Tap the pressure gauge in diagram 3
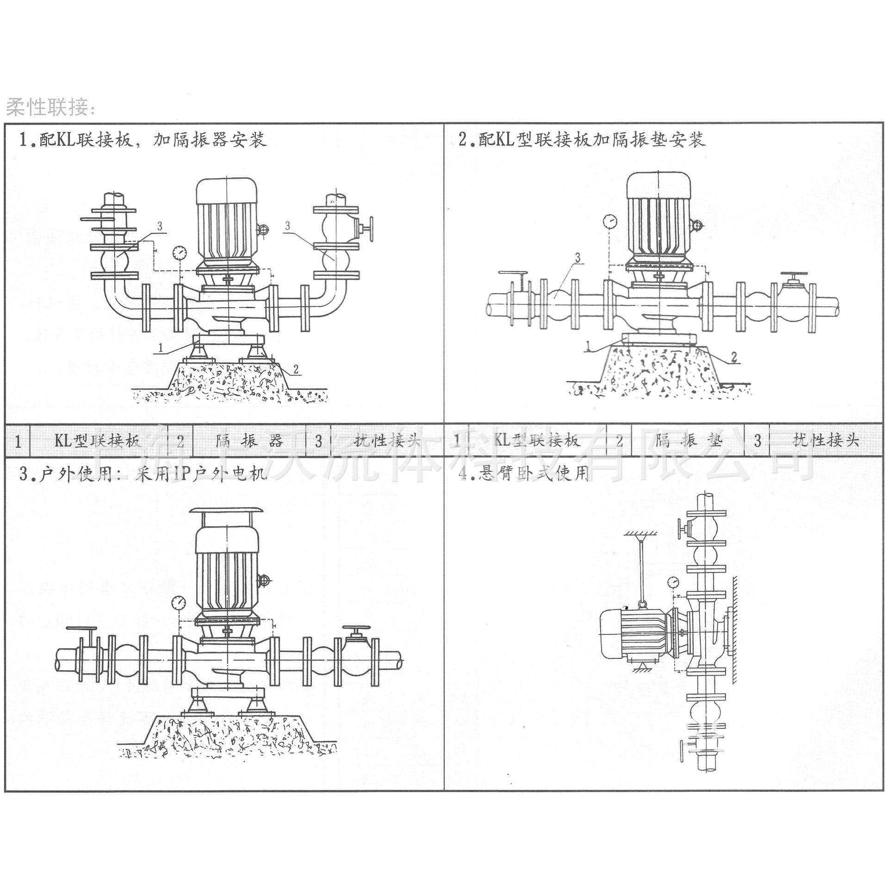pyautogui.click(x=178, y=602)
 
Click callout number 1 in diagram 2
pyautogui.click(x=589, y=346)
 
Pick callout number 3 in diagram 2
pyautogui.click(x=577, y=257)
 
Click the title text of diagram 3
pyautogui.click(x=143, y=475)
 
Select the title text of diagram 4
pyautogui.click(x=523, y=475)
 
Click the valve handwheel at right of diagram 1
pyautogui.click(x=371, y=228)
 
